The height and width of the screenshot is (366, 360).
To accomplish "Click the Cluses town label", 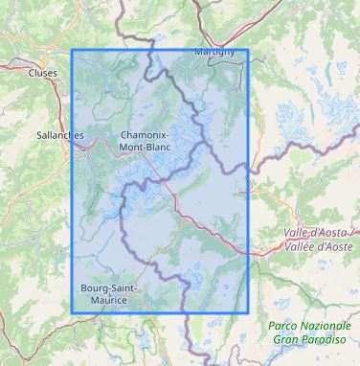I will point(43,71).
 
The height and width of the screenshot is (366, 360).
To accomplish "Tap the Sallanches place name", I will point(58,135).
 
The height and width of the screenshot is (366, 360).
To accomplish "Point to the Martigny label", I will point(214,51).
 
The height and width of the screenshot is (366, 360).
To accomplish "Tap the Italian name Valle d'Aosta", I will point(321,234).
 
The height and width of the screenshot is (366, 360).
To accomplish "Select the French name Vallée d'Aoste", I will point(321,246).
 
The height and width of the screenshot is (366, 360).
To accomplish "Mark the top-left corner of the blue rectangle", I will point(73,50).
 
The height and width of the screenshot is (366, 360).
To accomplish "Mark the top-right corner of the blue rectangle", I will point(248,50).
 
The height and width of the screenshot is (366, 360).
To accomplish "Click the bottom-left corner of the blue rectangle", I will point(73,312).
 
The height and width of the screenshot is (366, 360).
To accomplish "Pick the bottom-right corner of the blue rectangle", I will point(248,312).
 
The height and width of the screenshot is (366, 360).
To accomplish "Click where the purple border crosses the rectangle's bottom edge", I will point(183,312).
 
